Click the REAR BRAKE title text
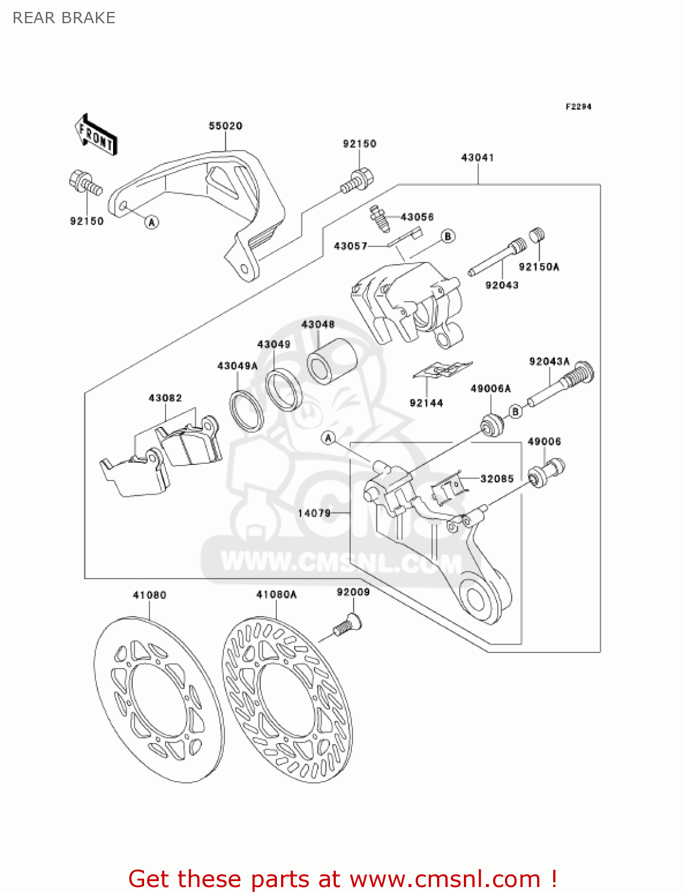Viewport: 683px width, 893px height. [x=64, y=18]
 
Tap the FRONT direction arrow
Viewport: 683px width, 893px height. [x=95, y=135]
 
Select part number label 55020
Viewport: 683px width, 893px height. [x=225, y=126]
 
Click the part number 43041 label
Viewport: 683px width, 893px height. [x=478, y=158]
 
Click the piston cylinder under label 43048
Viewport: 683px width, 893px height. [x=332, y=361]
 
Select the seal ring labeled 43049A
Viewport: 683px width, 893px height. [x=246, y=411]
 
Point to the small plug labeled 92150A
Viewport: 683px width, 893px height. [x=538, y=235]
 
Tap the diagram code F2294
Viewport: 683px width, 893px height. [x=578, y=107]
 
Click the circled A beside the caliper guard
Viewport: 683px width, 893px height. [x=152, y=222]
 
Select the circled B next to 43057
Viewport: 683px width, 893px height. [x=448, y=236]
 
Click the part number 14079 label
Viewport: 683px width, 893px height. [x=314, y=513]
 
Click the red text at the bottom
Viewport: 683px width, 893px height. [x=342, y=879]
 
